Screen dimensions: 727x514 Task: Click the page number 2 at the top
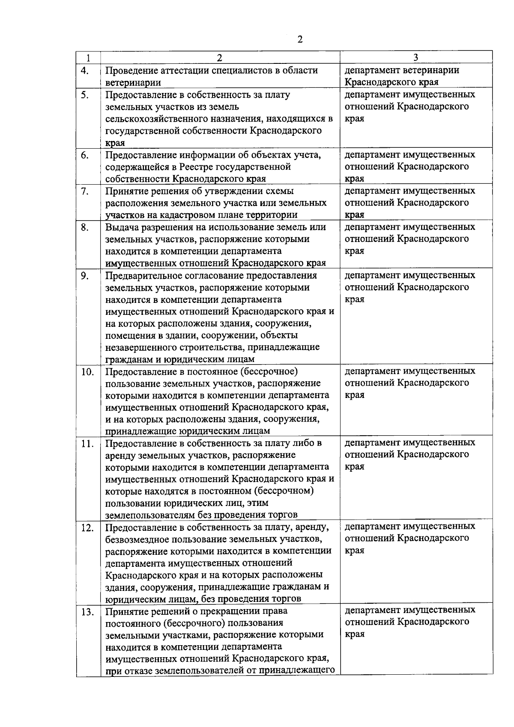(x=299, y=39)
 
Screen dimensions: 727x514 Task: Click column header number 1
(x=88, y=58)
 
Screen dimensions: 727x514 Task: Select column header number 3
(x=415, y=58)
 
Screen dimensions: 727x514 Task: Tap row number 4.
(x=84, y=71)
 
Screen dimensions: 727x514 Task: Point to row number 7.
(x=84, y=191)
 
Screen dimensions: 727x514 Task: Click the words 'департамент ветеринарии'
(x=402, y=70)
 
